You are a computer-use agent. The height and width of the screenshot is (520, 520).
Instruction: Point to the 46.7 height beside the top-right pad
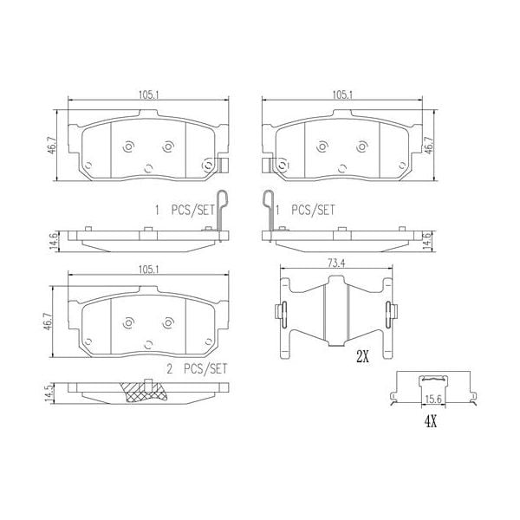click(x=427, y=145)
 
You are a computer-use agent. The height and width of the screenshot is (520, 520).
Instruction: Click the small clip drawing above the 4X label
click(x=434, y=381)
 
